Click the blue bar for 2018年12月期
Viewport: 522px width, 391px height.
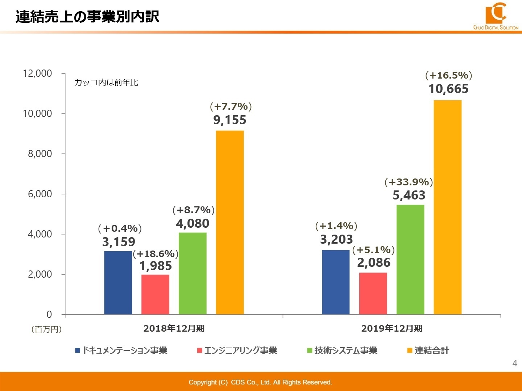point(118,282)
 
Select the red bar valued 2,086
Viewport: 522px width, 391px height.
point(373,293)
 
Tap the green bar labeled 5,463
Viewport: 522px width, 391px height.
point(410,259)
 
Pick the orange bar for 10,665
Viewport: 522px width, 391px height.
point(447,207)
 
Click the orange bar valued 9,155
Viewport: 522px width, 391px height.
point(230,222)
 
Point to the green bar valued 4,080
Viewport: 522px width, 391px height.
point(192,273)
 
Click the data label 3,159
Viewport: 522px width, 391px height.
point(119,242)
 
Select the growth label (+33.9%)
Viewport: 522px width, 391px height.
point(409,182)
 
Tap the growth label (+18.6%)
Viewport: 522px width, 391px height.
point(156,254)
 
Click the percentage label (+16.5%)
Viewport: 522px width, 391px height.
point(448,75)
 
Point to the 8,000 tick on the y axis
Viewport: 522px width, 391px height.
point(40,154)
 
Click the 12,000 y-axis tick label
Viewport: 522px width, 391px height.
point(37,73)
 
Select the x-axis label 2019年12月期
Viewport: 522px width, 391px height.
point(391,328)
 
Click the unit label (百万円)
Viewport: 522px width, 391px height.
point(46,329)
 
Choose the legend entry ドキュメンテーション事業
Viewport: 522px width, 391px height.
point(121,350)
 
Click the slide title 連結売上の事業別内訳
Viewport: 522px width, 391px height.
point(87,17)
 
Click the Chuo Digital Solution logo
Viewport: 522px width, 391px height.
point(496,15)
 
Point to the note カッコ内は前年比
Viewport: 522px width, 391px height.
point(106,83)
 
